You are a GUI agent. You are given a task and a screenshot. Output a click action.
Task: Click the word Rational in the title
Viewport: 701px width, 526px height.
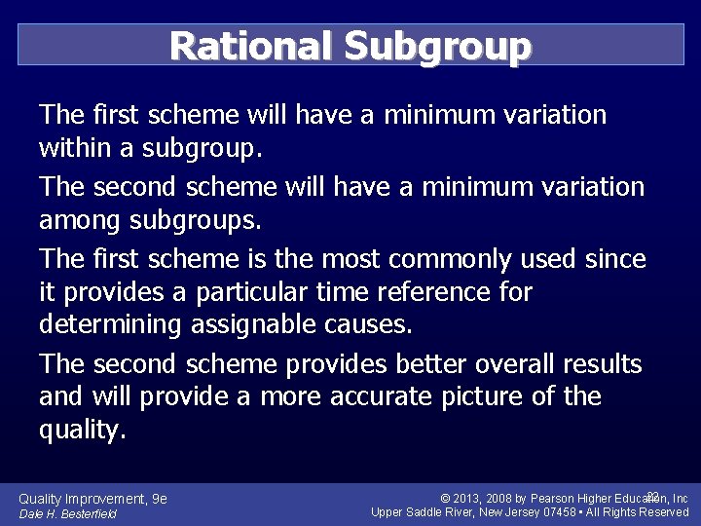[250, 45]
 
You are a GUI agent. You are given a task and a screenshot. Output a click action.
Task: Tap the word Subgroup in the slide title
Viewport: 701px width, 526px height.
[437, 45]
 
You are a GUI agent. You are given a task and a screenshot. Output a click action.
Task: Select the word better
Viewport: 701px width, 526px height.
[430, 364]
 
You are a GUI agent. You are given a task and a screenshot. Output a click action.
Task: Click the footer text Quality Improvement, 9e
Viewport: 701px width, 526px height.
[93, 499]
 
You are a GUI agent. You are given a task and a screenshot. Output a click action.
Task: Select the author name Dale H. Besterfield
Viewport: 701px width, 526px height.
[67, 513]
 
